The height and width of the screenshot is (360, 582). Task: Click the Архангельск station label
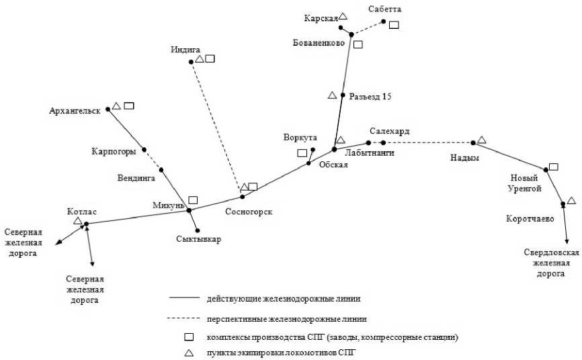[x=75, y=110]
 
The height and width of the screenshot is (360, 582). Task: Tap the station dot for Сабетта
[x=384, y=21]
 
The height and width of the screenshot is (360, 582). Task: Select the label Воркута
[x=300, y=137]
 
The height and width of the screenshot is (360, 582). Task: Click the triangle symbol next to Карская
[x=343, y=16]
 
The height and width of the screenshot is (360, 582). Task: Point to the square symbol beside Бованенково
[x=358, y=44]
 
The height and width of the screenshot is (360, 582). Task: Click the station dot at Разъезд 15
[x=343, y=95]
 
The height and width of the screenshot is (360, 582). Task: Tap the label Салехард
[x=389, y=131]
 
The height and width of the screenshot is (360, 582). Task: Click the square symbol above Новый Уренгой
[x=553, y=167]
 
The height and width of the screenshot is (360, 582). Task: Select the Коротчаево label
[x=530, y=218]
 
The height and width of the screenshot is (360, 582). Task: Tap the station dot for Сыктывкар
[x=198, y=230]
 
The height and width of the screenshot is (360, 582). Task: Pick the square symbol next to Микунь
[x=193, y=199]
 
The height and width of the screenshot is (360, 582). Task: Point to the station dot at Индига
[x=191, y=62]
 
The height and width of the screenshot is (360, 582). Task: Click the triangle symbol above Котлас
[x=78, y=220]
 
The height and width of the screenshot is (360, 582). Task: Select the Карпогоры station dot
[x=144, y=150]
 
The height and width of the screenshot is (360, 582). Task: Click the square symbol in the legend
[x=190, y=336]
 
